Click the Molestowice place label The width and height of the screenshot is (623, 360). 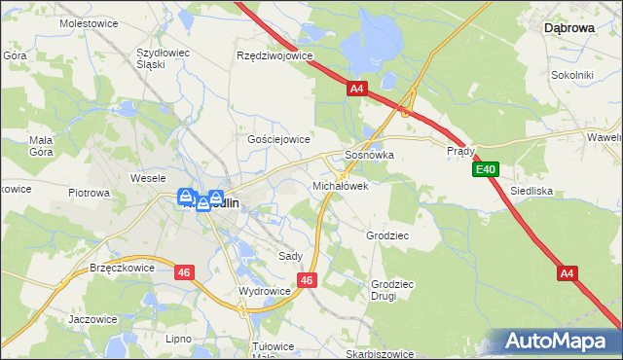click(88, 21)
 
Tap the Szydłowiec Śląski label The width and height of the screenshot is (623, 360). click(164, 57)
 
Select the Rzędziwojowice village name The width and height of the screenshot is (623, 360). click(275, 55)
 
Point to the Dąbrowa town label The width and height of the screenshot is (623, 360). click(568, 29)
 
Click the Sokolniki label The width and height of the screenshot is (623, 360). click(572, 74)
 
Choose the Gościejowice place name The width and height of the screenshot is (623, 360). click(278, 139)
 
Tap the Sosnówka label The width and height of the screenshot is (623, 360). click(369, 155)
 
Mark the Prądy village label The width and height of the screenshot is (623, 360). click(460, 152)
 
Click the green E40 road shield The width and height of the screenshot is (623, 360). click(487, 170)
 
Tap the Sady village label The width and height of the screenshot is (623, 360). click(290, 256)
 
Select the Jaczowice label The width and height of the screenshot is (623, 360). click(93, 318)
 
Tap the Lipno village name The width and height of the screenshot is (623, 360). click(178, 339)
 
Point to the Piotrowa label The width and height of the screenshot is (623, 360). click(89, 193)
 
